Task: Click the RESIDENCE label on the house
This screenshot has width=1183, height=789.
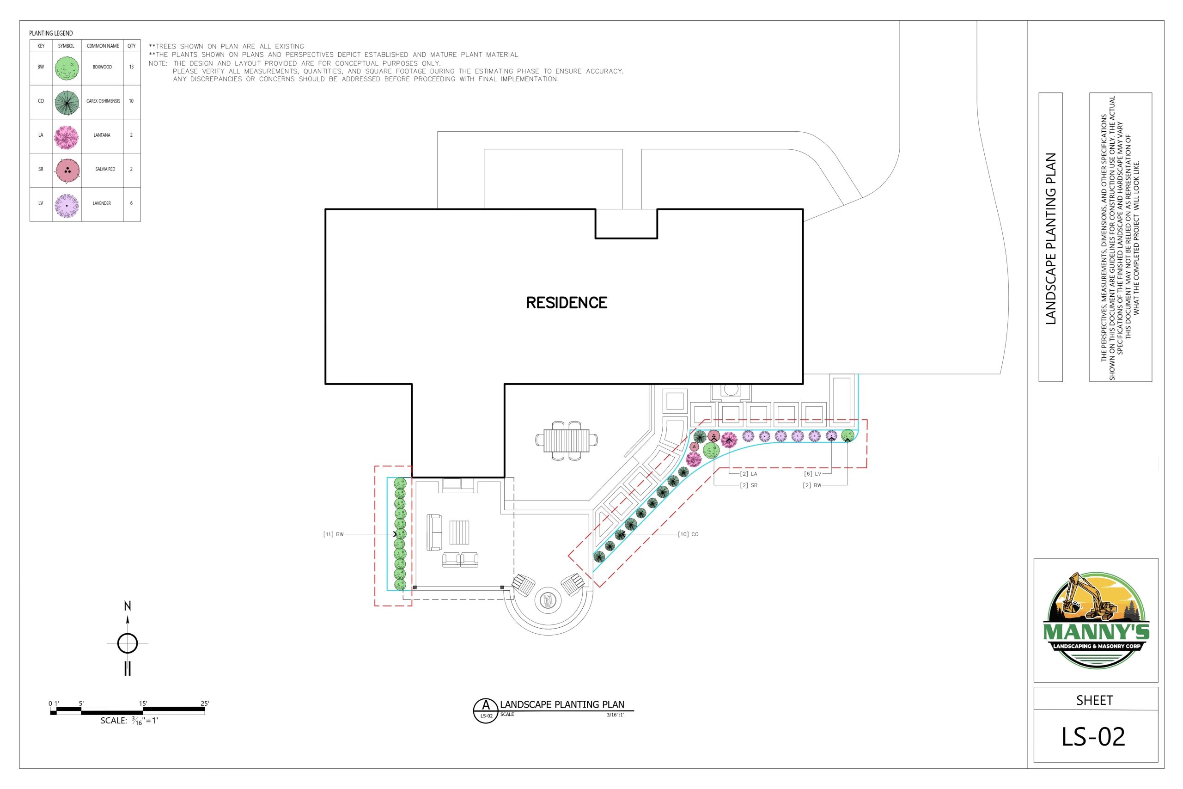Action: point(567,302)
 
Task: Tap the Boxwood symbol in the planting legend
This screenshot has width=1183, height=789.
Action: point(67,68)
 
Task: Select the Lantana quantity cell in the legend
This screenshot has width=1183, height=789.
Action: point(131,135)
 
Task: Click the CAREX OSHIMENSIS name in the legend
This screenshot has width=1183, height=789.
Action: point(103,101)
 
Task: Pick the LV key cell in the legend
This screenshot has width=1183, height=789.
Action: point(41,204)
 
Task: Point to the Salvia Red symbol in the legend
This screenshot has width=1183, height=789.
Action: point(67,171)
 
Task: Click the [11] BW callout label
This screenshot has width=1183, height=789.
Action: point(334,534)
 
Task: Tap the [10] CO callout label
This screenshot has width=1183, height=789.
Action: point(688,534)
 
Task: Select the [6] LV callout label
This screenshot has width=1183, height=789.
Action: point(812,474)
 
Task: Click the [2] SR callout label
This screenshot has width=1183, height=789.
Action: point(749,486)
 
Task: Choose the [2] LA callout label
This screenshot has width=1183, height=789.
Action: point(749,474)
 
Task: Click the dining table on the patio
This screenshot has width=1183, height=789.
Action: point(567,441)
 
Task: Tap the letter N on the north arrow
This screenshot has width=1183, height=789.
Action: point(127,606)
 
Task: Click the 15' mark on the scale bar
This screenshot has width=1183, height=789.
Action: point(143,703)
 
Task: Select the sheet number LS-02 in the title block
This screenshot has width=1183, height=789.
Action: point(1093,737)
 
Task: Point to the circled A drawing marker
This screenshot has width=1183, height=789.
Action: point(486,710)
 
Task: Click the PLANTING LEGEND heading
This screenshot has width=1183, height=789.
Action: point(51,33)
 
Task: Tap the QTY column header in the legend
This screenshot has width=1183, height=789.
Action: point(131,46)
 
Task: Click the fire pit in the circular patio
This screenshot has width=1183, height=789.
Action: point(548,600)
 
